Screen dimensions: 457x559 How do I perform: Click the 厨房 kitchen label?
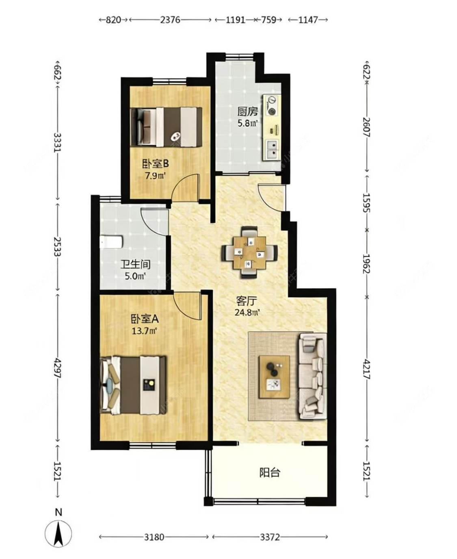(247, 112)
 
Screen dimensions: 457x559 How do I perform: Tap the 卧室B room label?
(156, 164)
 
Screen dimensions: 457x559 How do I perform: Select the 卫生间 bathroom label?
(136, 265)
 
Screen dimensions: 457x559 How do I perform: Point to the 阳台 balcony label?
(270, 472)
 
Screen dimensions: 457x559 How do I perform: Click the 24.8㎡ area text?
(247, 313)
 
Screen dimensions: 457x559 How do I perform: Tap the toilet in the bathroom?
(111, 242)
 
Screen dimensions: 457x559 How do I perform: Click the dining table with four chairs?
(249, 252)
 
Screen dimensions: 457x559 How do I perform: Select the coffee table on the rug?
(274, 377)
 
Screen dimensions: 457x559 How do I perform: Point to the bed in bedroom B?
(167, 127)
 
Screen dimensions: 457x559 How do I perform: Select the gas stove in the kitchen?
(271, 105)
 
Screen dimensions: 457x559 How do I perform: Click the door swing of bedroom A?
(186, 305)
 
